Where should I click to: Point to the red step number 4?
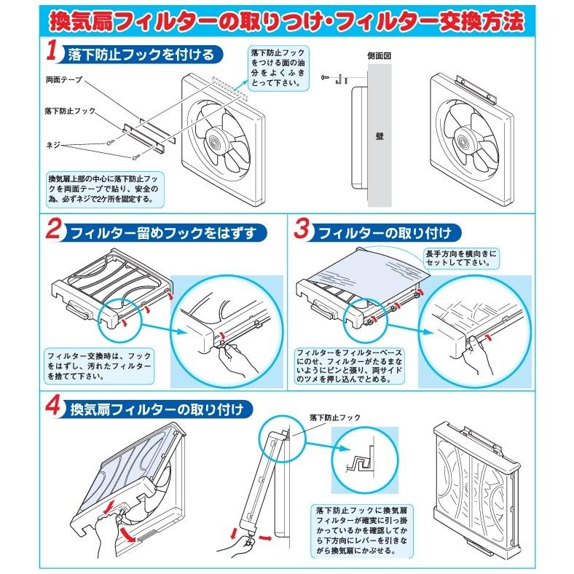pos(52,406)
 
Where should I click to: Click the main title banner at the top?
pos(286,20)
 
